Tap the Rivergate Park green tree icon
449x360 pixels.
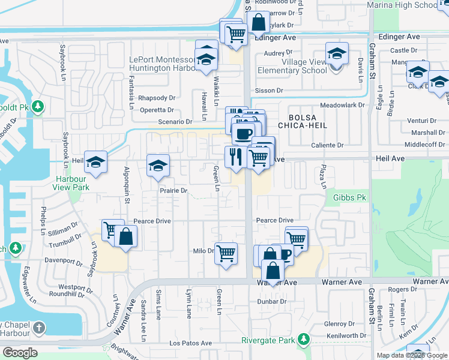pyautogui.click(x=304, y=340)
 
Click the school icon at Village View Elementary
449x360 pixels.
pyautogui.click(x=337, y=53)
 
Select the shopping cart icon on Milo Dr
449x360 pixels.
pyautogui.click(x=226, y=253)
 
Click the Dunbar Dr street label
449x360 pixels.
pyautogui.click(x=269, y=301)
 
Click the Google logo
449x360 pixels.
pyautogui.click(x=20, y=353)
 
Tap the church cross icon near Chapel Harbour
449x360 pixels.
pyautogui.click(x=39, y=328)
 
